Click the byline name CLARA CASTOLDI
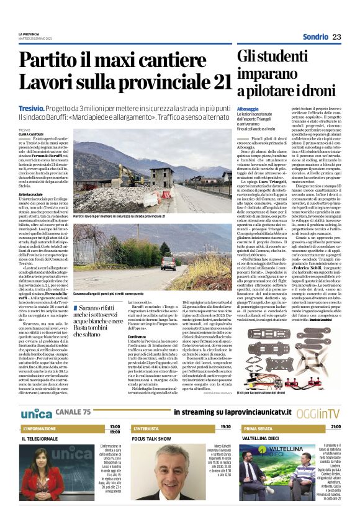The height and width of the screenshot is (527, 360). (32, 133)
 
